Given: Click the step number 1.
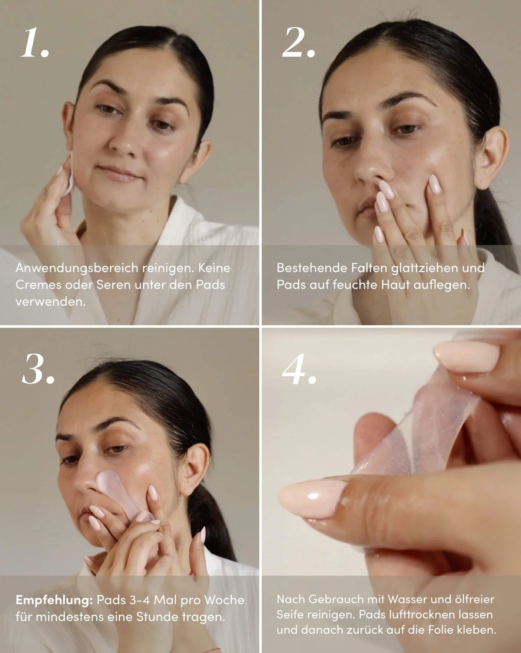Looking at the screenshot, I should (x=34, y=43).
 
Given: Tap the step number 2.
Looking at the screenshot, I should (x=298, y=43).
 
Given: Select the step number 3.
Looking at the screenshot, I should (x=37, y=369).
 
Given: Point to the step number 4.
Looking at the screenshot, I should (x=299, y=369).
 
